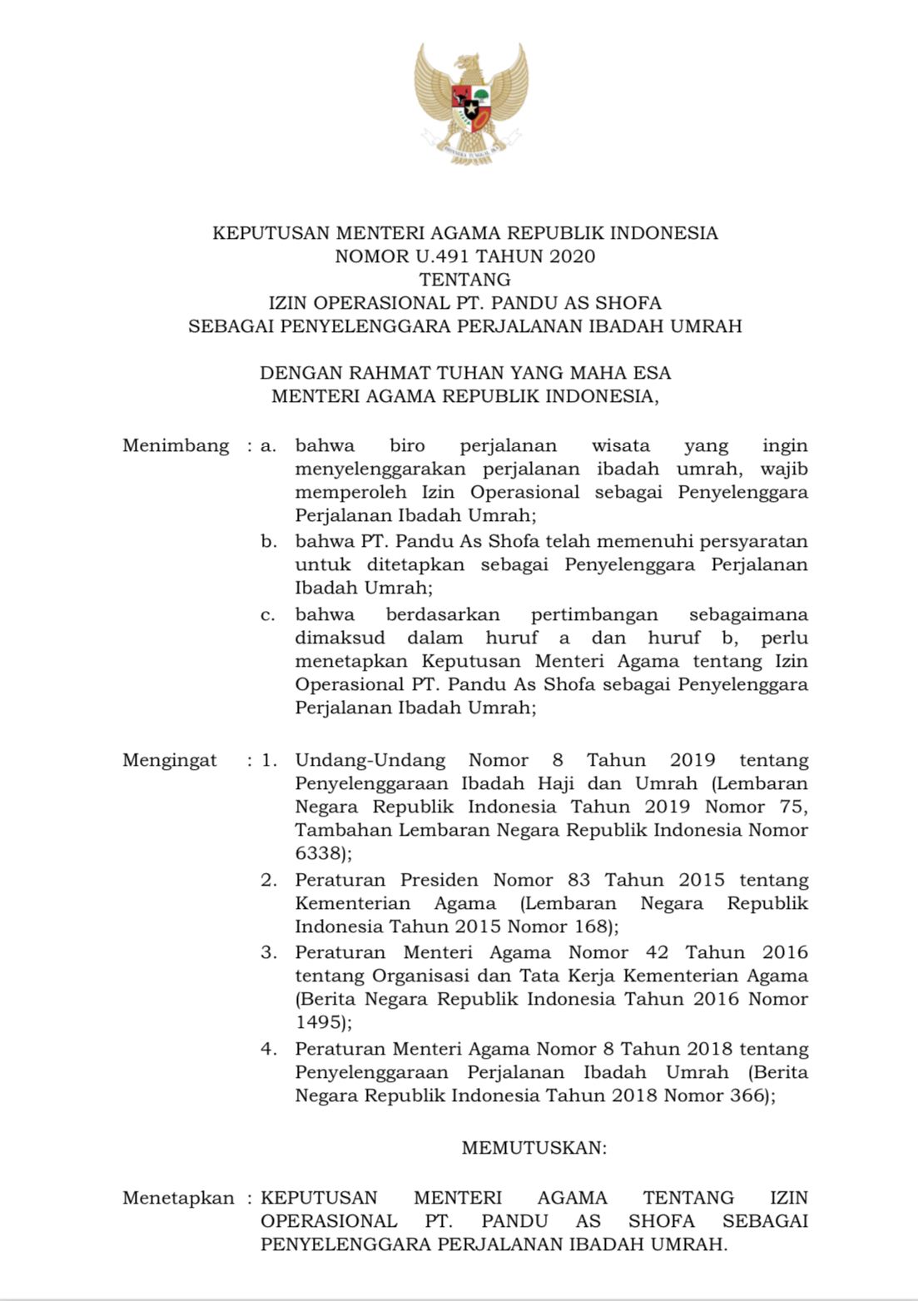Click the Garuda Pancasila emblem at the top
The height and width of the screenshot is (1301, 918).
pos(470,105)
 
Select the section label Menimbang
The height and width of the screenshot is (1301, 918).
pos(176,445)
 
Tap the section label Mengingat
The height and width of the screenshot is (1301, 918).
pos(170,760)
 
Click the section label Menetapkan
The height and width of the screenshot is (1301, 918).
pos(178,1198)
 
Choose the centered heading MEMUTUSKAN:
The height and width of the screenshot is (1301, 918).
pos(534,1148)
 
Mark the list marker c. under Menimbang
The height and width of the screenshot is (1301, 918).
pos(268,615)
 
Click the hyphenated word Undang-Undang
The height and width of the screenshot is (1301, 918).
pos(370,760)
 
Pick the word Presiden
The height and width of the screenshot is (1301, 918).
pos(439,880)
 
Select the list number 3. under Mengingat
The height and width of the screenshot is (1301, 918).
pos(268,952)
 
